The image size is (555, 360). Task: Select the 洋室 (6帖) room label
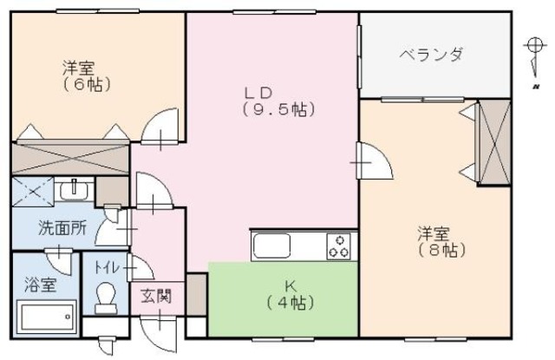(x=78, y=75)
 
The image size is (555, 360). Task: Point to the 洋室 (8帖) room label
(x=442, y=241)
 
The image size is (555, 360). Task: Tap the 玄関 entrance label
(x=156, y=295)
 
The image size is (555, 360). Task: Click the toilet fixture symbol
(x=106, y=298)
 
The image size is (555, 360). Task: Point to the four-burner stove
(x=339, y=246)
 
